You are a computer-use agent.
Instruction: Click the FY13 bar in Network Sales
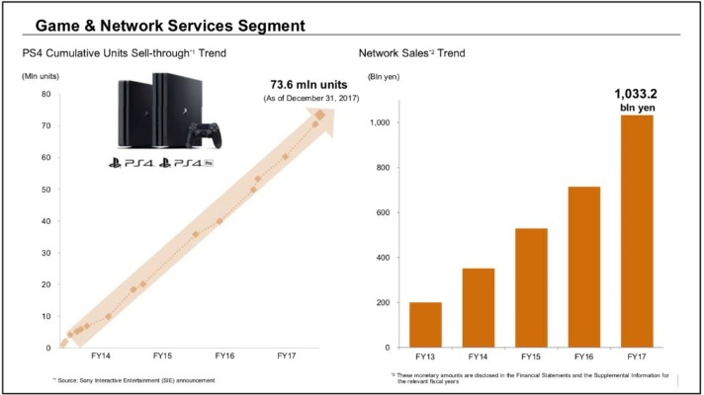(x=425, y=325)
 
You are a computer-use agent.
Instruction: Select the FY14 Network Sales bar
(x=479, y=308)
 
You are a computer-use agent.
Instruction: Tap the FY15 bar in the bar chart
(x=532, y=288)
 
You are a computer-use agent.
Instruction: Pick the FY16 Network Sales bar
(x=583, y=267)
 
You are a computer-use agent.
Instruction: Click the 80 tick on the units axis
(x=45, y=95)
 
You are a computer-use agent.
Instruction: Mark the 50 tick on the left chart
(x=45, y=190)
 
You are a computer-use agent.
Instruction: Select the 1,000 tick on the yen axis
(x=381, y=122)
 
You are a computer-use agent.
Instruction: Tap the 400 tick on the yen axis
(x=383, y=258)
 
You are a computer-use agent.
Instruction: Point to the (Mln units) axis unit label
(x=42, y=76)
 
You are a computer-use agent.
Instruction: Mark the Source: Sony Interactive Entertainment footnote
(x=135, y=380)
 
